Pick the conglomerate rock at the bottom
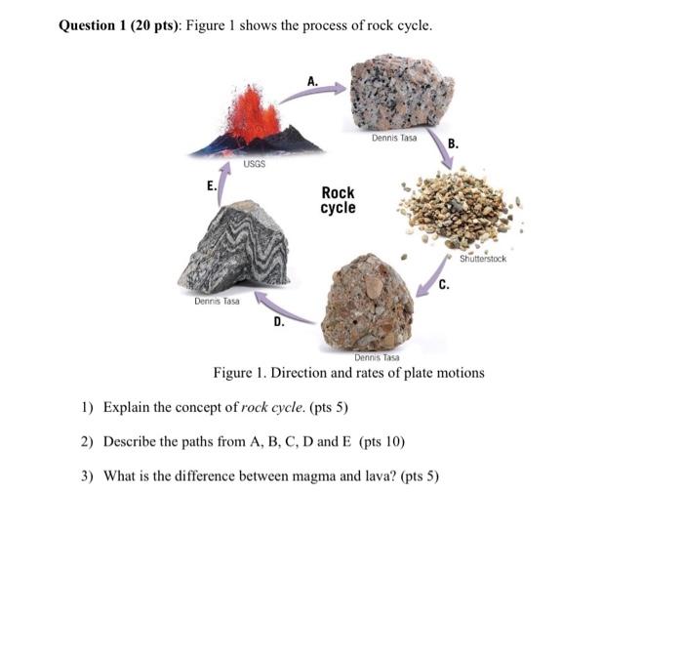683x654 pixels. pos(367,302)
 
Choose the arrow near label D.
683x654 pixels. pos(283,307)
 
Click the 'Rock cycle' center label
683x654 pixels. pos(338,200)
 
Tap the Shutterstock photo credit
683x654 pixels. pos(483,259)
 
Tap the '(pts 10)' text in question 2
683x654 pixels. pos(382,441)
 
